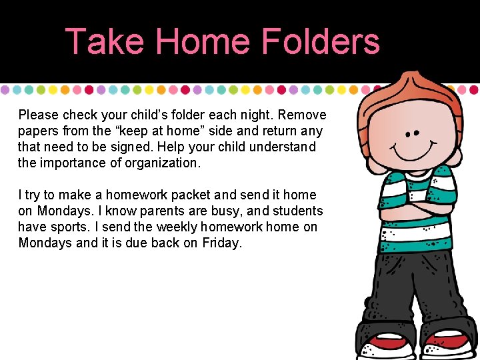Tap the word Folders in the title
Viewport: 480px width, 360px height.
tap(321, 41)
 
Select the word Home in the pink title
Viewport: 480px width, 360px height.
tap(203, 41)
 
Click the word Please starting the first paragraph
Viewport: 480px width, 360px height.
tap(39, 115)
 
